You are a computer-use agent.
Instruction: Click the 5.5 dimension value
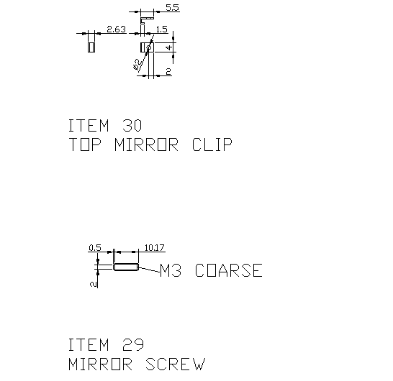click(x=173, y=8)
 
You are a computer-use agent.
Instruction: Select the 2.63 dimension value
click(x=117, y=29)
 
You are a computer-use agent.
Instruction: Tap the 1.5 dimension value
click(x=162, y=29)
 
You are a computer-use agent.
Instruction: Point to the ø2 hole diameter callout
click(x=137, y=64)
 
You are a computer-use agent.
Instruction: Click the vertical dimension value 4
click(x=169, y=47)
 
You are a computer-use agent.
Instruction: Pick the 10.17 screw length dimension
click(x=154, y=248)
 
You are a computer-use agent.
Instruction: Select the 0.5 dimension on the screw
click(x=95, y=248)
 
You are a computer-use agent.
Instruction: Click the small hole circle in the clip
click(x=148, y=47)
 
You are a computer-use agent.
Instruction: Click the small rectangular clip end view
click(x=91, y=47)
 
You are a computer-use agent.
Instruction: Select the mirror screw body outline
click(x=126, y=267)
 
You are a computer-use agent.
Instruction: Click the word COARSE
click(x=229, y=270)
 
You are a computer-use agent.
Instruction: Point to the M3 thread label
click(x=171, y=270)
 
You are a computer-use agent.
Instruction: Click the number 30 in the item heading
click(x=132, y=125)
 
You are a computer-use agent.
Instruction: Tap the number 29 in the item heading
click(x=133, y=345)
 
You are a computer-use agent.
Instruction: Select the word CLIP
click(x=212, y=144)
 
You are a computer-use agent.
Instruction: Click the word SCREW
click(x=175, y=364)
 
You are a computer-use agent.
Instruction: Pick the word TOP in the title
click(x=85, y=144)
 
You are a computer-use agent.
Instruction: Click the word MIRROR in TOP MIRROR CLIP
click(x=146, y=144)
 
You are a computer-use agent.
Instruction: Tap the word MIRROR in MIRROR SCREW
click(x=100, y=364)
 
